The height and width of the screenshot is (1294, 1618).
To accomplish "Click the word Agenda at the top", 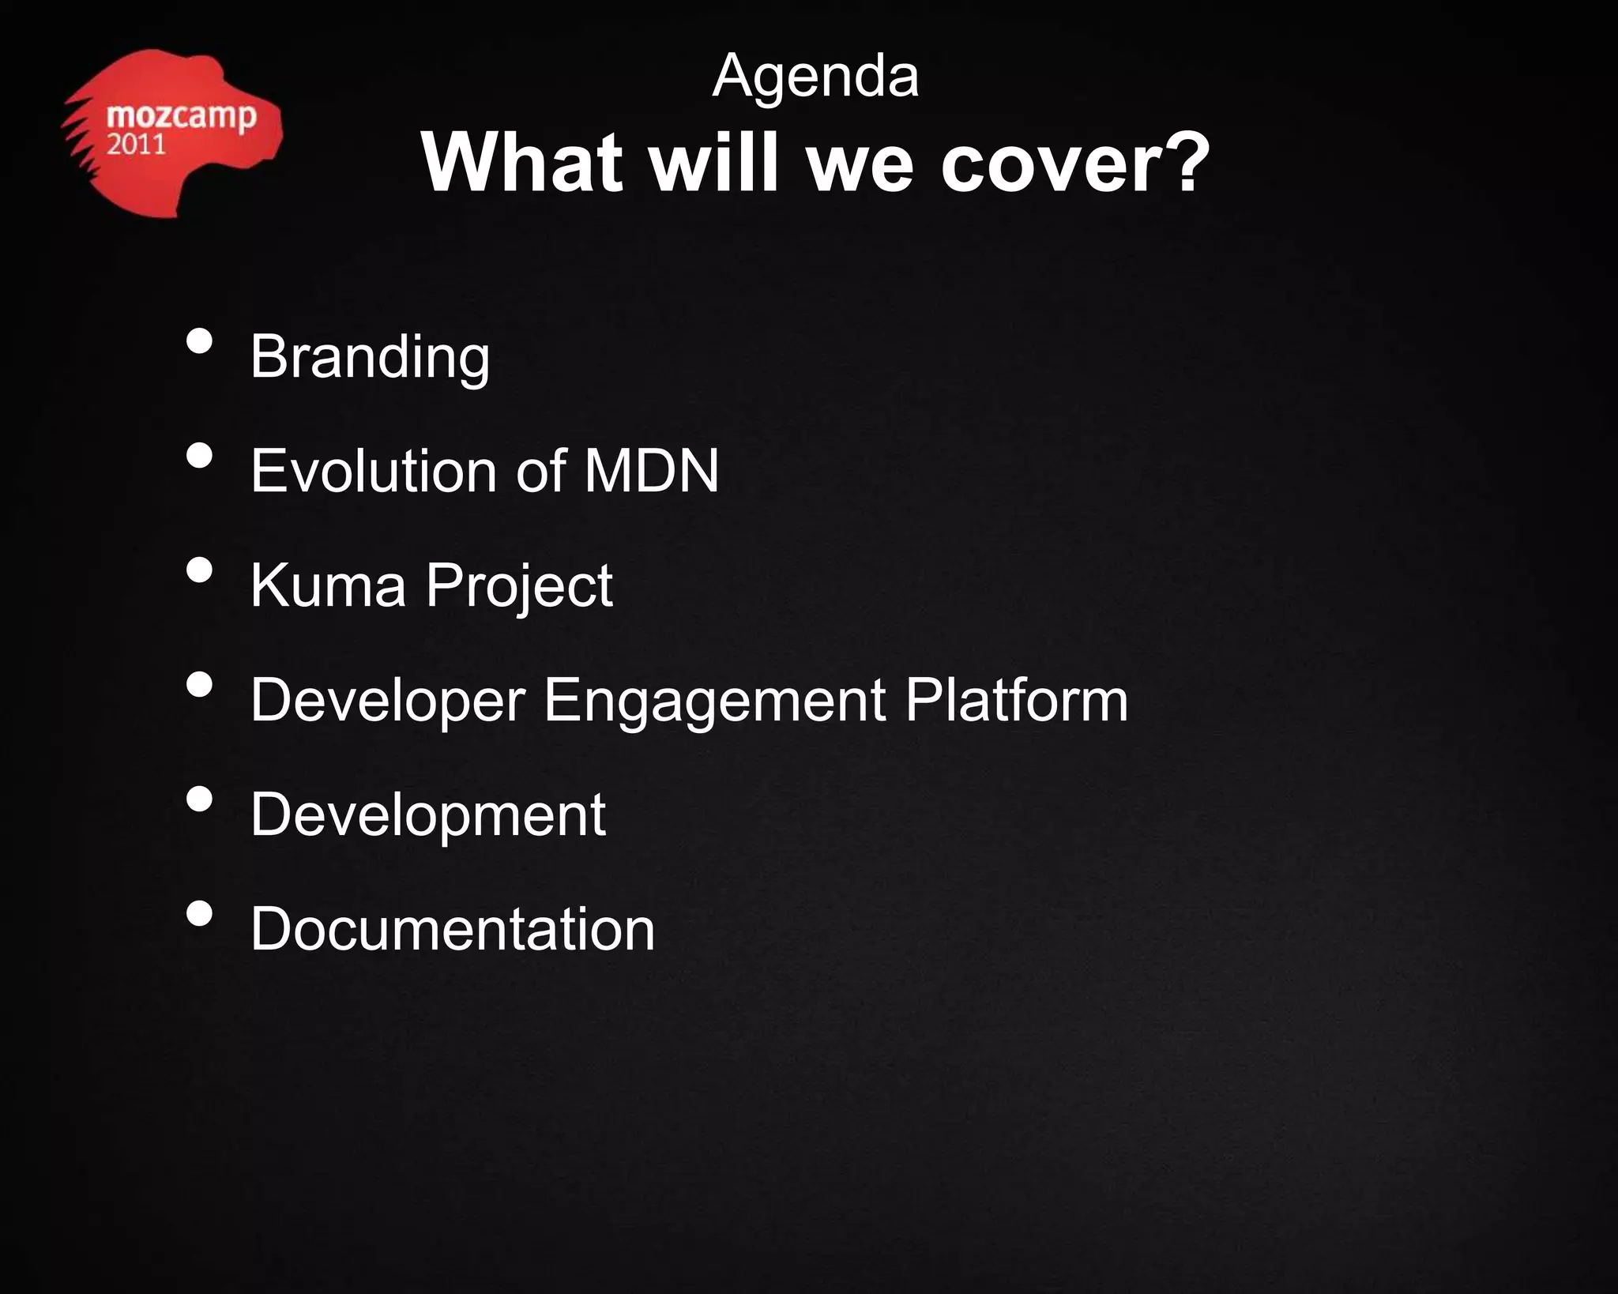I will click(815, 77).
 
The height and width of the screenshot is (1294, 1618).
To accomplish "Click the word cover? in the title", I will click(1074, 163).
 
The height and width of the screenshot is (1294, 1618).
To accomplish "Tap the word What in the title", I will click(522, 163).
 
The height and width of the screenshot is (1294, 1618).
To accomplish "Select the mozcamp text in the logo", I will click(181, 116).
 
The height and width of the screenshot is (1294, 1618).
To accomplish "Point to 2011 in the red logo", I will click(136, 145).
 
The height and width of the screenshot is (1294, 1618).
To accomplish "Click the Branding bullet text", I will click(370, 357).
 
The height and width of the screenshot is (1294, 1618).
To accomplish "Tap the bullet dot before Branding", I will click(200, 341).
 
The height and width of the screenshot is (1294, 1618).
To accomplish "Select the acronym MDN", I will click(651, 471).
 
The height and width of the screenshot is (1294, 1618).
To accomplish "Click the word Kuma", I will click(328, 585).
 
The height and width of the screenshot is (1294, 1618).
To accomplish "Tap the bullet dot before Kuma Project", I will click(200, 570).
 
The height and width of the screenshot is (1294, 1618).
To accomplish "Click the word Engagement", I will click(714, 701).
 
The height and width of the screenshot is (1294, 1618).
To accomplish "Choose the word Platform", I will click(1017, 700).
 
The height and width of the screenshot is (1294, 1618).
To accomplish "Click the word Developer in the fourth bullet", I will click(388, 701).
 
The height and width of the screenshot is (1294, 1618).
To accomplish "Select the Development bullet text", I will click(427, 815).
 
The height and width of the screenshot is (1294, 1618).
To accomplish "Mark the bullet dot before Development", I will click(200, 799).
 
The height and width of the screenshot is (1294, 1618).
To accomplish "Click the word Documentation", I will click(452, 929).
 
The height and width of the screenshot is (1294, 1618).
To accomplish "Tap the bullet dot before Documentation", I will click(200, 913).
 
